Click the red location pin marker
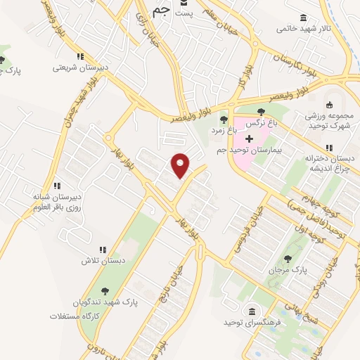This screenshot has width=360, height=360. [x=181, y=165]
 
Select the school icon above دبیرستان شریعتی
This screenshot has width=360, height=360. [x=81, y=56]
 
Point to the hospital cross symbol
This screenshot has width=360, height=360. [x=249, y=138]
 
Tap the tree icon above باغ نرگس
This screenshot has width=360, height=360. [x=262, y=111]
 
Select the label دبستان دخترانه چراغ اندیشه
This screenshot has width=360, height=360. [x=330, y=164]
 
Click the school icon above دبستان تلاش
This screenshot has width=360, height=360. [x=103, y=250]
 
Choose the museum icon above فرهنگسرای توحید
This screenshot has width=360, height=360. [x=250, y=310]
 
